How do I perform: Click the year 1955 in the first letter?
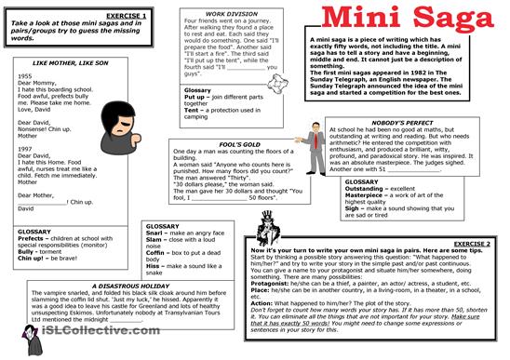pos(26,75)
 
